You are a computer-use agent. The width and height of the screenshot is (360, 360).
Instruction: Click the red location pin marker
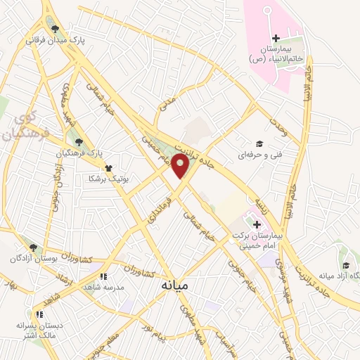click(x=181, y=165)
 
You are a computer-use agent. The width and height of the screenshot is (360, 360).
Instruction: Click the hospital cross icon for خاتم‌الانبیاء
click(x=276, y=37)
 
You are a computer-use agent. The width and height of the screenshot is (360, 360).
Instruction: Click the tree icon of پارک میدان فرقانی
click(x=55, y=29)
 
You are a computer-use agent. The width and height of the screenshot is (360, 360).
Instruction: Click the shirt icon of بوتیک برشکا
click(x=108, y=168)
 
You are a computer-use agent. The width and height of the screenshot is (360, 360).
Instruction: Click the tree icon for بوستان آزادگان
click(x=33, y=247)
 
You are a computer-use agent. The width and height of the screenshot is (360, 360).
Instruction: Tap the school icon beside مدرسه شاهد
click(x=104, y=277)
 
